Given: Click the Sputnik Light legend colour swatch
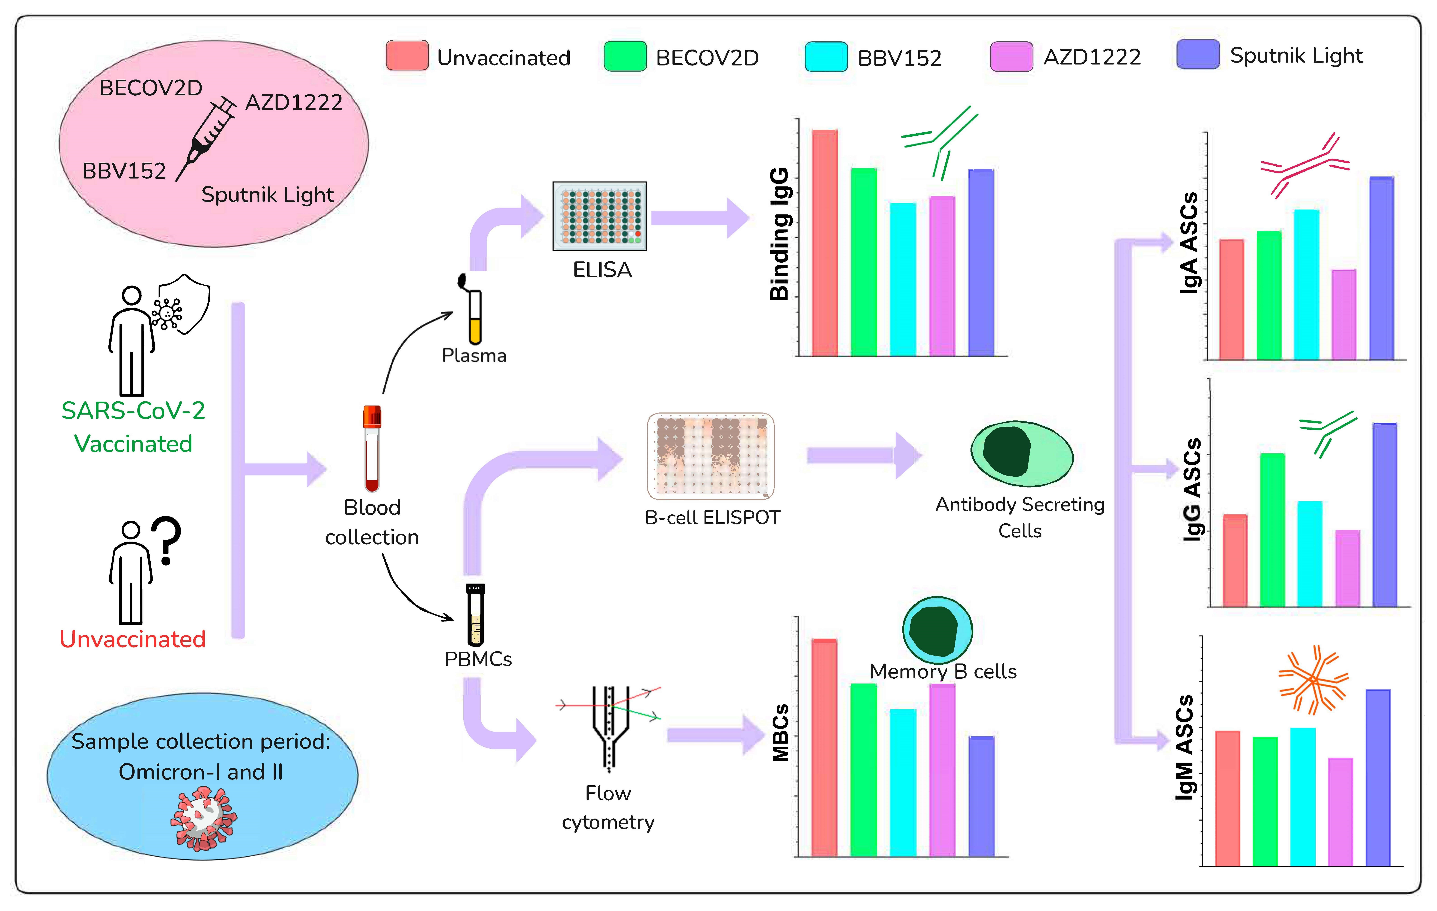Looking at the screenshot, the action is point(1198,54).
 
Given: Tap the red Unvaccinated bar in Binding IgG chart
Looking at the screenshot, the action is point(825,243).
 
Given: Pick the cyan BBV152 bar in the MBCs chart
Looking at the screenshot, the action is point(903,783).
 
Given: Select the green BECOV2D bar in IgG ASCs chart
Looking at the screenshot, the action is point(1272,530).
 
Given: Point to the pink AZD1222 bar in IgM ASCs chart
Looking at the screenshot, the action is point(1340,812).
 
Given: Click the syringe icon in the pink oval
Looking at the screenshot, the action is point(206,139).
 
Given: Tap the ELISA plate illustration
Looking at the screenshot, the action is point(600,216).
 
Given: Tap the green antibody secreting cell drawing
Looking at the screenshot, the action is point(1022,454).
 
